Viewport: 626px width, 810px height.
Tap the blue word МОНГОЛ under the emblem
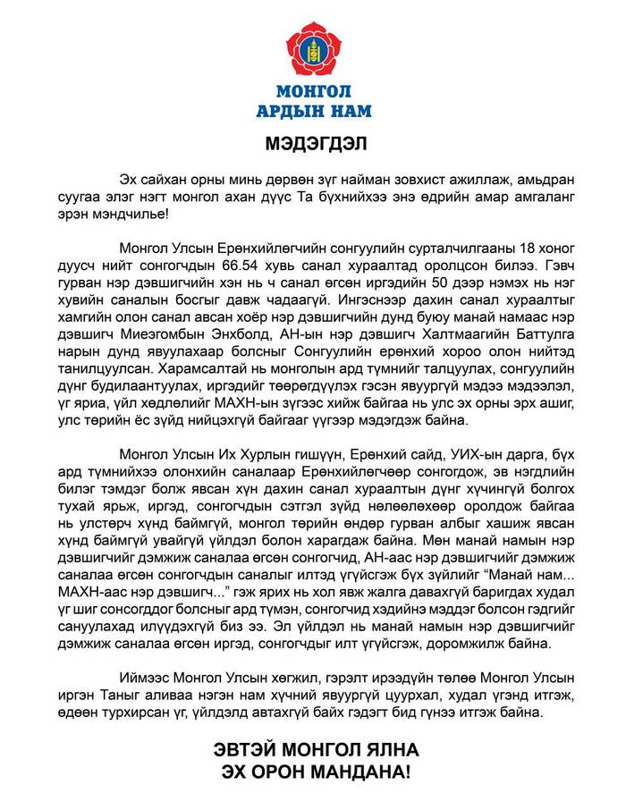click(312, 92)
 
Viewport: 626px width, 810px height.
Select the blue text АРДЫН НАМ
click(312, 111)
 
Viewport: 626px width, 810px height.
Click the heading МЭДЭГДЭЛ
click(312, 142)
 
